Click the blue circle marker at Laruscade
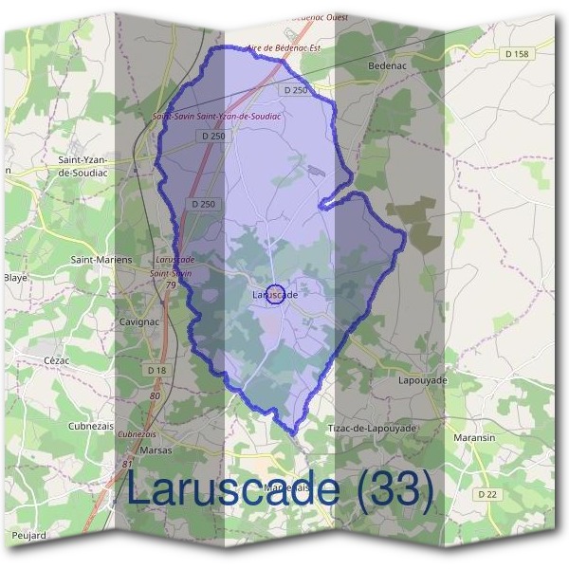pos(275,295)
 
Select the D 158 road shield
pos(517,54)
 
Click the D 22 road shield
pos(487,494)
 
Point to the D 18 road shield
pos(157,369)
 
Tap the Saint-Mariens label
pos(101,258)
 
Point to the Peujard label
pos(28,536)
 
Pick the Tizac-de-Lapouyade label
pos(372,429)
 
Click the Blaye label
pos(15,278)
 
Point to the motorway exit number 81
pos(127,465)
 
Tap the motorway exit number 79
pos(171,284)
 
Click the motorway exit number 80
pos(155,395)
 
